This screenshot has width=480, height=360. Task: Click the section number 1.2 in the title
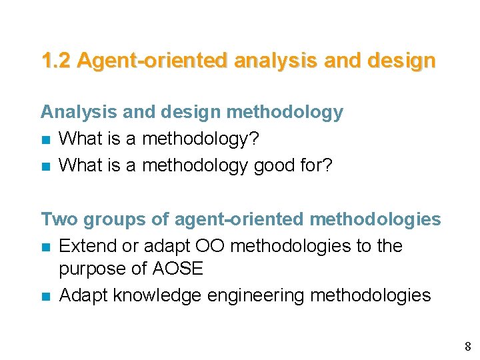tap(56, 61)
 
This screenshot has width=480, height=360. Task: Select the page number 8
tap(467, 346)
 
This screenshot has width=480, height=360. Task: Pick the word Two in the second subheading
tap(58, 219)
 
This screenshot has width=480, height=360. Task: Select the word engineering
tap(262, 295)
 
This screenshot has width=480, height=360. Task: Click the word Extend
tap(86, 246)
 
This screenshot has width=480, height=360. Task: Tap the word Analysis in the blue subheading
tap(79, 112)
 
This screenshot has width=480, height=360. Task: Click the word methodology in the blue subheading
tap(285, 112)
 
